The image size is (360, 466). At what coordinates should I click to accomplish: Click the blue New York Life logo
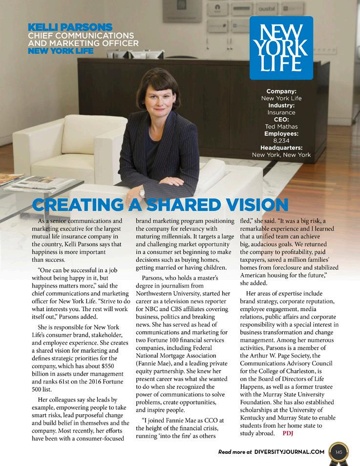pyautogui.click(x=281, y=48)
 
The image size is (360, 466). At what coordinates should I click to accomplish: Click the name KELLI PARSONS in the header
pyautogui.click(x=70, y=27)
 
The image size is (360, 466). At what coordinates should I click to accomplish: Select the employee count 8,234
pyautogui.click(x=281, y=140)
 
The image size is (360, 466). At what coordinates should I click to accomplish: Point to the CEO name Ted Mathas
pyautogui.click(x=281, y=126)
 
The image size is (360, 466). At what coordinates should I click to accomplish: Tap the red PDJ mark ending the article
pyautogui.click(x=289, y=433)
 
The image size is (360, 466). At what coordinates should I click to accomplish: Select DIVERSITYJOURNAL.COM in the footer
pyautogui.click(x=289, y=452)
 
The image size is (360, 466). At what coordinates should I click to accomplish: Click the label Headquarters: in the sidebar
pyautogui.click(x=281, y=148)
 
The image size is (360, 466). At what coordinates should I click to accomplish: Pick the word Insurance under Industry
pyautogui.click(x=281, y=112)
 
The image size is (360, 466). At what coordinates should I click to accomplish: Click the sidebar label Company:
pyautogui.click(x=281, y=91)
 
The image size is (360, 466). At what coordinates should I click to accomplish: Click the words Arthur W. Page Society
pyautogui.click(x=284, y=355)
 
